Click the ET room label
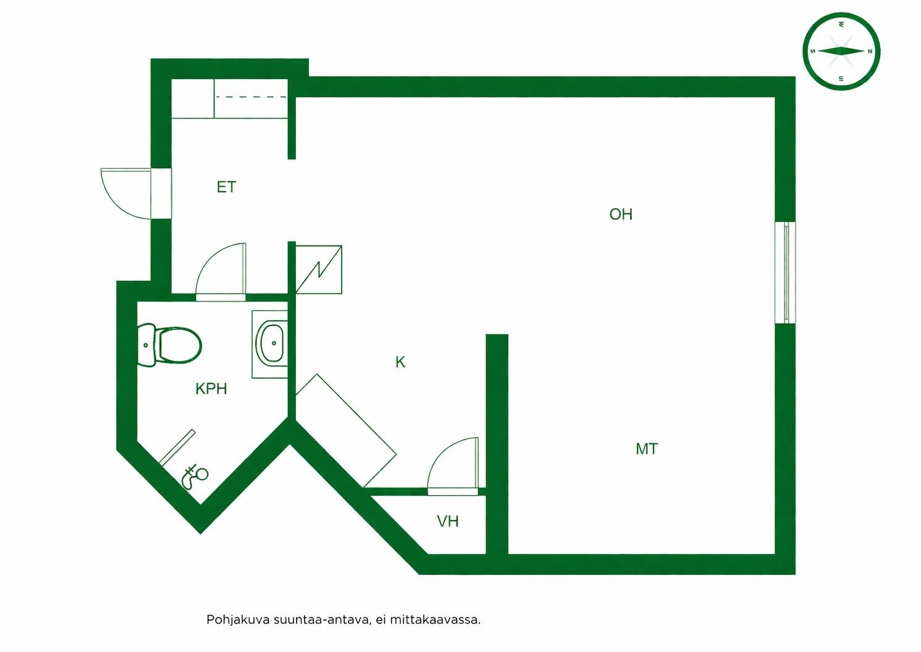[226, 187]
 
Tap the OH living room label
[621, 214]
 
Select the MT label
[647, 449]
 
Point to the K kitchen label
[400, 362]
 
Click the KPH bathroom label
[211, 389]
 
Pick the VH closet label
[448, 522]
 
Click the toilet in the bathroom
[169, 345]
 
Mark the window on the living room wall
[785, 273]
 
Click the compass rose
[841, 51]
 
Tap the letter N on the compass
[870, 51]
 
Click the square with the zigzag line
[319, 270]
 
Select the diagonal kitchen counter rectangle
[346, 431]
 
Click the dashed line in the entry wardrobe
[251, 97]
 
